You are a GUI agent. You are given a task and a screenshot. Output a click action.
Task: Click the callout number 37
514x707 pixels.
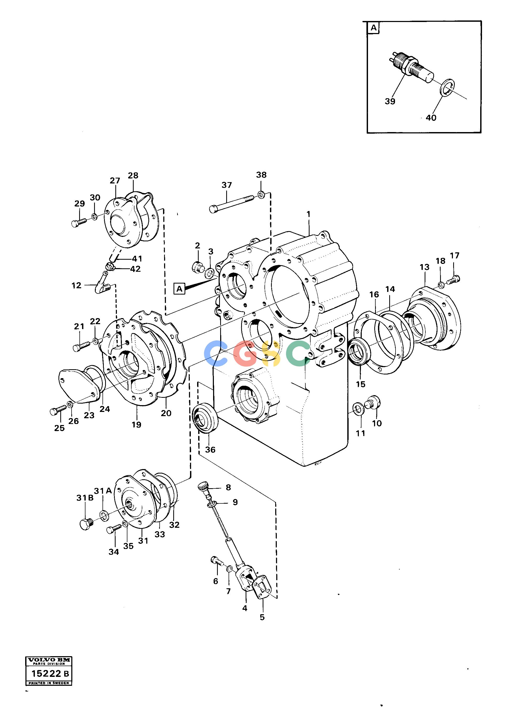click(x=227, y=185)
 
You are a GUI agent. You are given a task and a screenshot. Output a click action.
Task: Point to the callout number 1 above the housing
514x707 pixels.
click(x=309, y=214)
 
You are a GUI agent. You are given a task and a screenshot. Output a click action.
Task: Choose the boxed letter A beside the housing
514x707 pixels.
click(x=179, y=289)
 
